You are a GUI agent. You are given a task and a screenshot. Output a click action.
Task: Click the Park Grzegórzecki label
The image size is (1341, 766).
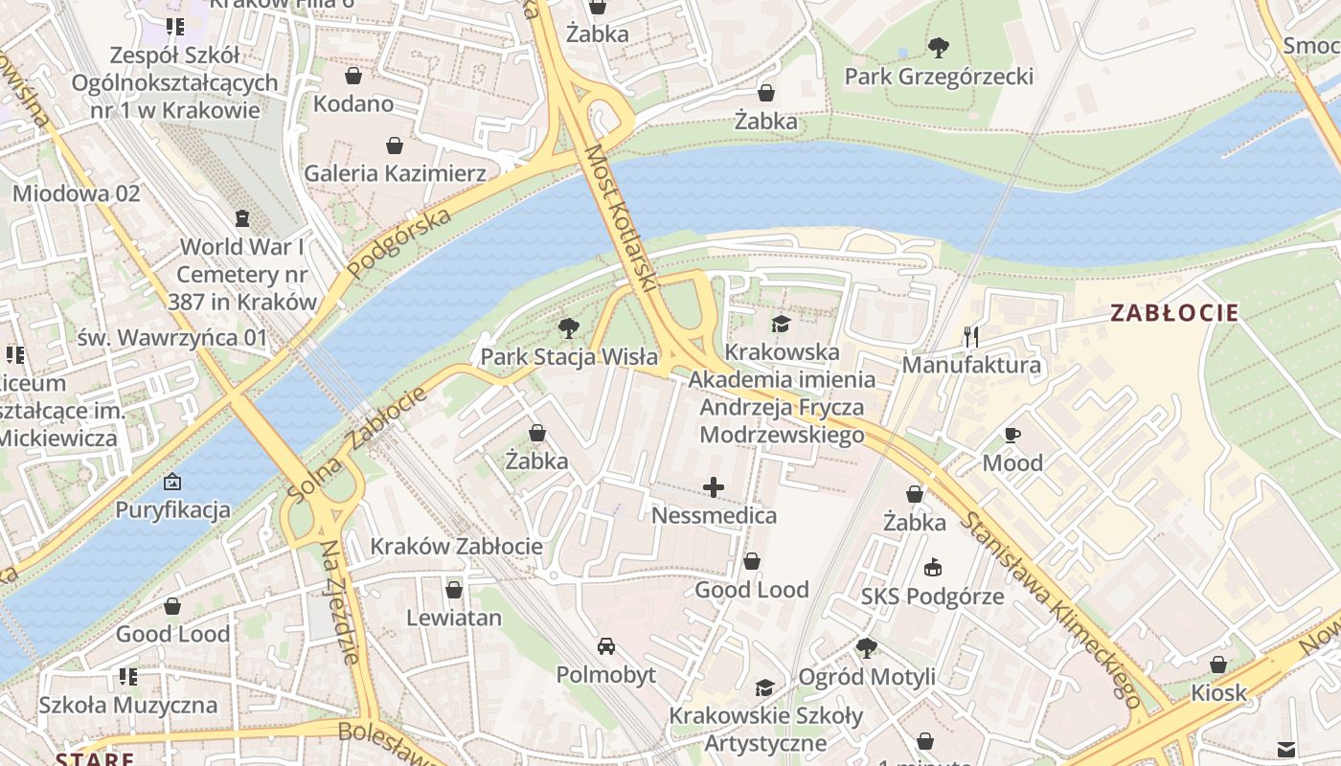click(939, 77)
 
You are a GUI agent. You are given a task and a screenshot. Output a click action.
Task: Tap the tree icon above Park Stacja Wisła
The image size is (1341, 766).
click(569, 328)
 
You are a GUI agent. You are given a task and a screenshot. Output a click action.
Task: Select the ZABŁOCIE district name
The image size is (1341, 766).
click(1174, 313)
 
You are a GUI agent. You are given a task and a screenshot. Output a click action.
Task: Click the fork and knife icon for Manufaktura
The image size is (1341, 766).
click(971, 336)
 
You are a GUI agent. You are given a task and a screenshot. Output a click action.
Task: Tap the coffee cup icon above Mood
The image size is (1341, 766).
click(1012, 436)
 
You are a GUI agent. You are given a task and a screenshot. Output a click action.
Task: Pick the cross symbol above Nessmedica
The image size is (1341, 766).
click(714, 488)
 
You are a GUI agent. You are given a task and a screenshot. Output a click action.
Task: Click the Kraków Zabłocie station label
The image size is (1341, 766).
click(456, 547)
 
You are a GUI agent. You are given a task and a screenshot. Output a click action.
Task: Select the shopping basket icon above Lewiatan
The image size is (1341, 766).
click(454, 590)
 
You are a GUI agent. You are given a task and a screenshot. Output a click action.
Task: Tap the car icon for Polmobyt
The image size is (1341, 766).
click(606, 646)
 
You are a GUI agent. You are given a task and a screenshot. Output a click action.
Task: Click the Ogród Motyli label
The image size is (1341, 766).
click(867, 677)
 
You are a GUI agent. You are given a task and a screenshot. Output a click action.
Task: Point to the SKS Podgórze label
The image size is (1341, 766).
click(932, 597)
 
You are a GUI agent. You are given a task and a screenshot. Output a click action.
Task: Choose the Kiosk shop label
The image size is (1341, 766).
click(1218, 692)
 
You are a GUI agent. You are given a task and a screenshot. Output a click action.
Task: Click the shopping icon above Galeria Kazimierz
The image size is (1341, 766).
click(395, 146)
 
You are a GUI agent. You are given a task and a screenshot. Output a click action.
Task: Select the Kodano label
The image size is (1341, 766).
click(353, 103)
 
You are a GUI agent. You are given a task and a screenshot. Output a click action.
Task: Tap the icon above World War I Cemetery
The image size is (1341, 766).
click(242, 219)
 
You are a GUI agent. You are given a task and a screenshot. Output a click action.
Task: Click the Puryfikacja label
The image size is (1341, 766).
click(173, 509)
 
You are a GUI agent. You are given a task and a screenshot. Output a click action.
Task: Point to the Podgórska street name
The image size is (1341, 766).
click(399, 243)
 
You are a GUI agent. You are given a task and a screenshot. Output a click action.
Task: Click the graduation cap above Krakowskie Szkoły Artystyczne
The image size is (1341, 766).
click(764, 688)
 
